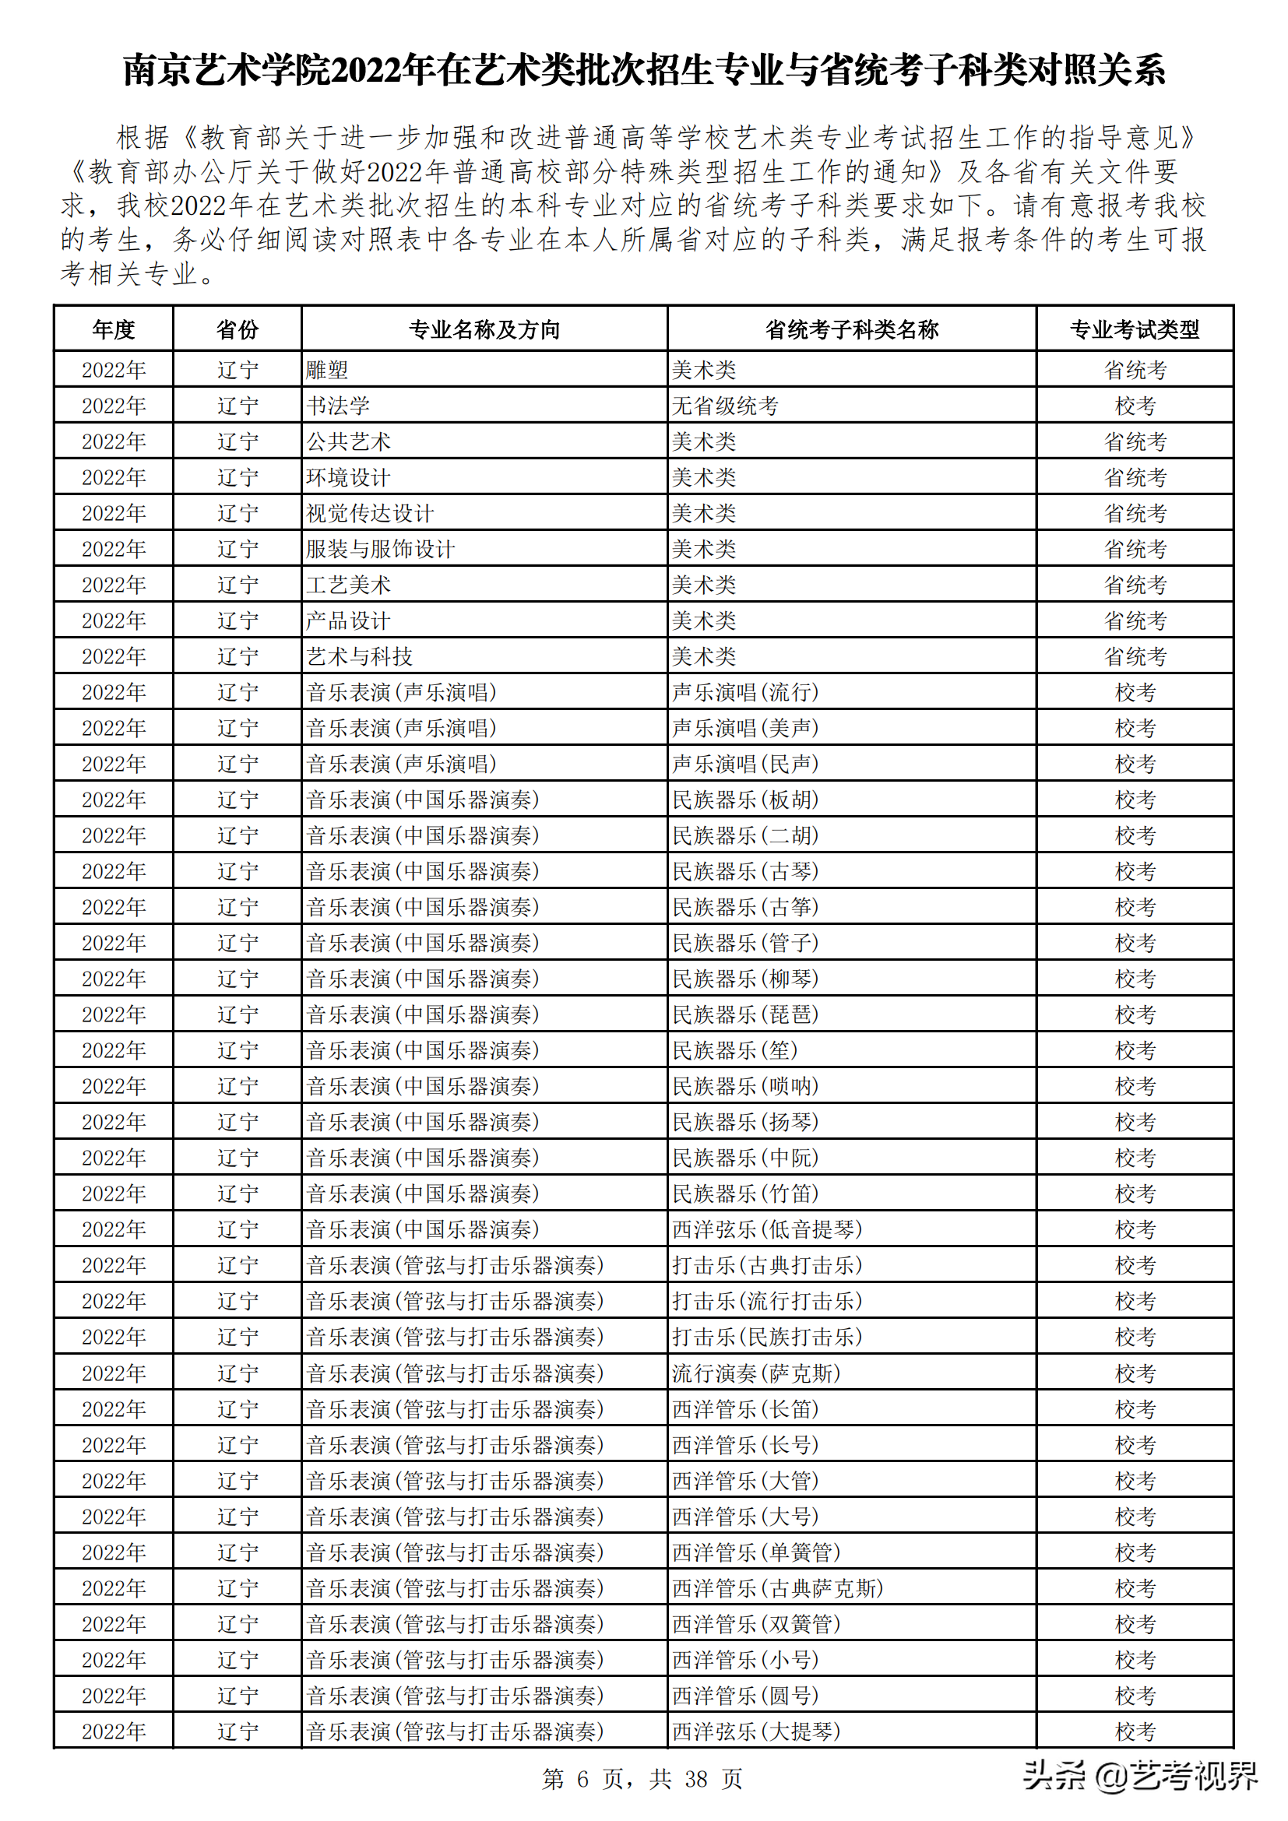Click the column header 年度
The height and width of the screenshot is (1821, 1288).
pos(114,329)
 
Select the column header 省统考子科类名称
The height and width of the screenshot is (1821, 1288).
pos(851,329)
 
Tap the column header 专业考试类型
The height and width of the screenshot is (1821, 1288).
pos(1134,329)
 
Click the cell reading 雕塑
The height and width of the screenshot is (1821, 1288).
pos(327,370)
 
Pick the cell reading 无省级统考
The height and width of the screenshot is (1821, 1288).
pos(725,406)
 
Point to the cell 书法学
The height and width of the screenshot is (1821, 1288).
pos(338,406)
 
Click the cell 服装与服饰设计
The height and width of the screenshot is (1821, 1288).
pos(381,549)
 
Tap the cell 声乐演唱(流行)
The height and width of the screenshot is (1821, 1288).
pos(744,692)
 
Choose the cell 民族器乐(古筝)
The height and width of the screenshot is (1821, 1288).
pos(744,907)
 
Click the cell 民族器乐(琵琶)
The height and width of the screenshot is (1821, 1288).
pos(744,1014)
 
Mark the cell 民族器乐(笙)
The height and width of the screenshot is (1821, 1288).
pos(734,1050)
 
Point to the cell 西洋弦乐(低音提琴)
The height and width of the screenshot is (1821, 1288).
pos(766,1229)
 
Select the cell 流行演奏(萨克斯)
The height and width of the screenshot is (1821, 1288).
pos(756,1373)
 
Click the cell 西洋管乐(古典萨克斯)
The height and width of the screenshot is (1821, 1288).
pos(777,1587)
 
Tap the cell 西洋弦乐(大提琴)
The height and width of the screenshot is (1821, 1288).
pos(756,1731)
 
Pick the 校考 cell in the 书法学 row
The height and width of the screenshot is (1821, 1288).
pos(1134,406)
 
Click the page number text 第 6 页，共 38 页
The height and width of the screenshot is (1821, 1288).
pos(642,1779)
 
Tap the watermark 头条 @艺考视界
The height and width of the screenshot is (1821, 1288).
pos(1139,1776)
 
